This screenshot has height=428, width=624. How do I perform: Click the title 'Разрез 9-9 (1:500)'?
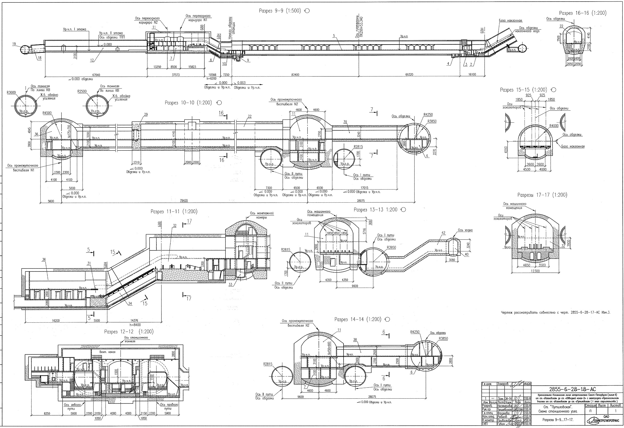[280, 11]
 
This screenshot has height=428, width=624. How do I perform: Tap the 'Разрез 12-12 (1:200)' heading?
[129, 332]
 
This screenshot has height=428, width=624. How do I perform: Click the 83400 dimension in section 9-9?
[295, 74]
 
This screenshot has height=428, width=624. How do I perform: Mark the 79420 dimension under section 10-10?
[184, 201]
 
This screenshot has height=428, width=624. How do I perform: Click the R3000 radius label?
[11, 93]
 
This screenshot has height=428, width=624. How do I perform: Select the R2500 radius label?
[82, 91]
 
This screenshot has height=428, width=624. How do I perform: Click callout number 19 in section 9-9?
[14, 44]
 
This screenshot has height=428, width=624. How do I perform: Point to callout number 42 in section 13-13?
[443, 233]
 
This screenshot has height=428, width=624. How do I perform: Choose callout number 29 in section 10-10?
[146, 115]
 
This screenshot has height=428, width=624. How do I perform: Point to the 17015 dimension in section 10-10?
[364, 188]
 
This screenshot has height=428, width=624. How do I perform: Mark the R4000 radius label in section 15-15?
[554, 126]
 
